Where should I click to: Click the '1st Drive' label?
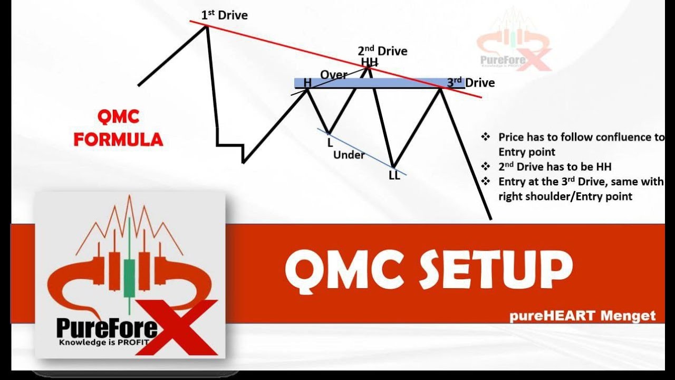coord(224,15)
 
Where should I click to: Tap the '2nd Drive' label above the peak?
coord(382,51)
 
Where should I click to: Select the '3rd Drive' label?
coord(471,82)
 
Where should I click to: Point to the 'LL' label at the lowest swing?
coord(394,176)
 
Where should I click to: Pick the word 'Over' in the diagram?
coord(334,75)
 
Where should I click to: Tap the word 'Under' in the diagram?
coord(349,155)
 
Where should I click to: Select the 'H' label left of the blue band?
coord(307,83)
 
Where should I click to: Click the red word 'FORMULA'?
coord(118,140)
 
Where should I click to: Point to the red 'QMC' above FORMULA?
coord(118,117)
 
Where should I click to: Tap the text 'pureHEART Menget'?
coord(582,316)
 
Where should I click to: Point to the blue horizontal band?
coord(369,83)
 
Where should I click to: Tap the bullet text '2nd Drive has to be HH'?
coord(555,167)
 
